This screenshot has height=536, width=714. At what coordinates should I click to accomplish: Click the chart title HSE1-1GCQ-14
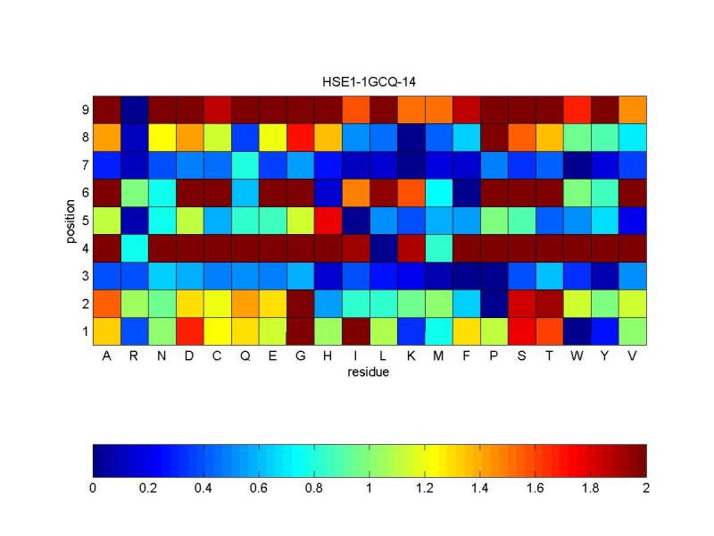[x=369, y=81]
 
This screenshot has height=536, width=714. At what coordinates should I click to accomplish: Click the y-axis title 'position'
[x=70, y=220]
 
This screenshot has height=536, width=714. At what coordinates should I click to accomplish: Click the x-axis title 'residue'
[x=369, y=373]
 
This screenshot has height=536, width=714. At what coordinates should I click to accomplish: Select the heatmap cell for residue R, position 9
[x=135, y=109]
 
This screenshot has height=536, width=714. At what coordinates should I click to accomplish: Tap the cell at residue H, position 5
[x=328, y=220]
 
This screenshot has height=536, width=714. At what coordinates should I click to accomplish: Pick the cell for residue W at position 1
[x=577, y=331]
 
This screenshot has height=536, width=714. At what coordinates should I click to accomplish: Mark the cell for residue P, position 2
[x=494, y=303]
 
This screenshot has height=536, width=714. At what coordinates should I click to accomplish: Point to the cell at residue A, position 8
[x=107, y=137]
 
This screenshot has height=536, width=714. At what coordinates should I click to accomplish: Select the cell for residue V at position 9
[x=633, y=109]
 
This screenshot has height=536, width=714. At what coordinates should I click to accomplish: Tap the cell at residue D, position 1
[x=190, y=331]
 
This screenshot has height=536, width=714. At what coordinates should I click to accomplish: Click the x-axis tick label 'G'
[x=301, y=356]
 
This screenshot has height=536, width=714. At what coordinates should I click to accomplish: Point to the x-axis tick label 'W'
[x=577, y=356]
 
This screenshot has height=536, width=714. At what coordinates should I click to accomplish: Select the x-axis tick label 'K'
[x=411, y=356]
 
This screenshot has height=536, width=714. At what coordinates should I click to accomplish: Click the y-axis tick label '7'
[x=85, y=164]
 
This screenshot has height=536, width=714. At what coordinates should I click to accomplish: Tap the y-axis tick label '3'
[x=85, y=275]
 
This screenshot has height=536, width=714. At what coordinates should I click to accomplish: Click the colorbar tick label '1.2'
[x=425, y=489]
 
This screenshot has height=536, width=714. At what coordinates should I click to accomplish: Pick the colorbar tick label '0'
[x=93, y=489]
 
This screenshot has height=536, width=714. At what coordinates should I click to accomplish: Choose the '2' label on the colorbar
[x=646, y=489]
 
